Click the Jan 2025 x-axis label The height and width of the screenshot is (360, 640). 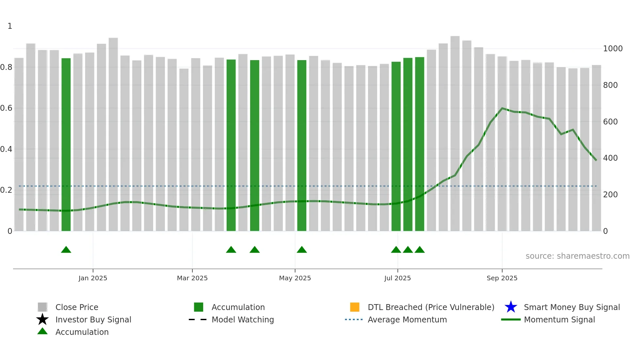93,278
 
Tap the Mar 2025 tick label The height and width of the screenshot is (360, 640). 192,278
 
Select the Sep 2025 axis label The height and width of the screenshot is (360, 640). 502,278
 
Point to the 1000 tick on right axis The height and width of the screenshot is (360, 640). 613,49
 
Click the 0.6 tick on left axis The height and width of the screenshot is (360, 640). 6,108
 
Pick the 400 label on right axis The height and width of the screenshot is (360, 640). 610,158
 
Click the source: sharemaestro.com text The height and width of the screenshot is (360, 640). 577,256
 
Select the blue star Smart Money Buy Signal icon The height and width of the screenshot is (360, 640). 511,307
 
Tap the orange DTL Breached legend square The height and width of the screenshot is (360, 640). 355,307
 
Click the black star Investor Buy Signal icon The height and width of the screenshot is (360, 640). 42,319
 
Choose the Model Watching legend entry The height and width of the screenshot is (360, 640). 243,319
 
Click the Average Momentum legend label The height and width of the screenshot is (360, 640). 407,319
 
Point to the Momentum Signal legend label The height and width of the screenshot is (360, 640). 559,319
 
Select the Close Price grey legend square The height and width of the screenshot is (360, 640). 42,307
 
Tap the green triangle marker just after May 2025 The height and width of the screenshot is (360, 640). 302,250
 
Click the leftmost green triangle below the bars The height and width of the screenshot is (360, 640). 66,250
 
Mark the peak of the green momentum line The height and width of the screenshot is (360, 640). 502,108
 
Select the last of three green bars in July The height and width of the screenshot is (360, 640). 420,144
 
